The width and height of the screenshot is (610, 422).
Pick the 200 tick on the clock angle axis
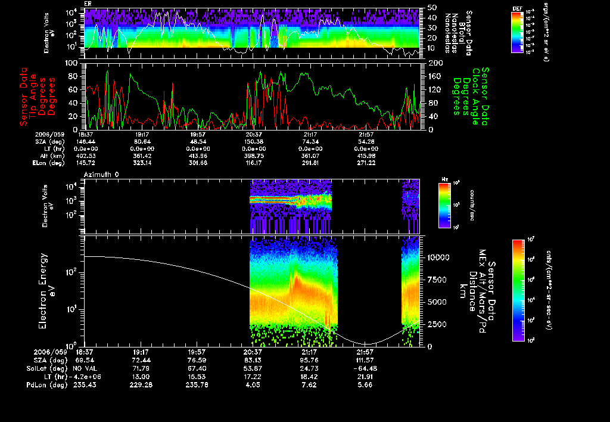pyautogui.click(x=434, y=63)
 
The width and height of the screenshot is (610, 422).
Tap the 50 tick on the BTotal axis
pyautogui.click(x=432, y=8)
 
